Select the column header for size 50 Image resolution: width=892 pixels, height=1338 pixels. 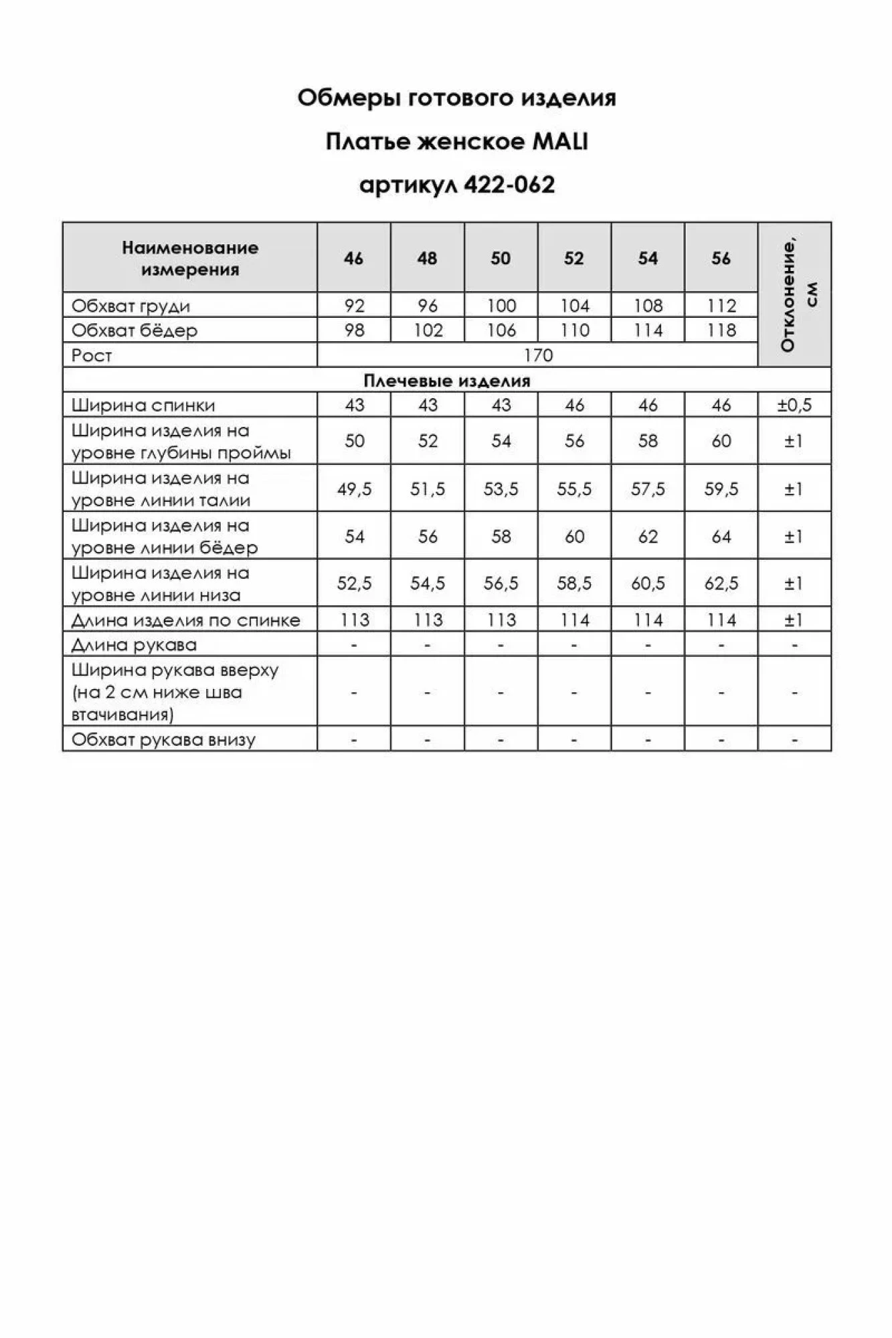[x=501, y=258]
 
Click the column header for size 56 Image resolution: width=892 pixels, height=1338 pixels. [x=721, y=258]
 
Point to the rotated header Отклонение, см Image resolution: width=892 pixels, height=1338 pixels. [x=795, y=294]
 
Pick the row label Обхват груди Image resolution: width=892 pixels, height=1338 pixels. [x=131, y=306]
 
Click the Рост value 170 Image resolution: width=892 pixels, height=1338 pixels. [x=538, y=355]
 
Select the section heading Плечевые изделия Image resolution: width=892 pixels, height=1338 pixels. [x=446, y=381]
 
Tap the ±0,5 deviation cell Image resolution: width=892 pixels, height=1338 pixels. [x=794, y=405]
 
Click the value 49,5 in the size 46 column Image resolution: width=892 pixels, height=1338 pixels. [x=354, y=489]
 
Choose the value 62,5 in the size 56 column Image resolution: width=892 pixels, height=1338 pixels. [x=721, y=583]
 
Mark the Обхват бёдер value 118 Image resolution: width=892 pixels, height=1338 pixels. [x=721, y=330]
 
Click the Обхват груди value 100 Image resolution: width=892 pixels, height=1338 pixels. [x=501, y=306]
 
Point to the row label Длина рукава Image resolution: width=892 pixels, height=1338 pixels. [x=134, y=645]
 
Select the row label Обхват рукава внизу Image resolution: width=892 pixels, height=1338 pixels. [x=163, y=739]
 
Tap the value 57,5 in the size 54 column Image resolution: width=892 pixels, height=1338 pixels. [x=648, y=489]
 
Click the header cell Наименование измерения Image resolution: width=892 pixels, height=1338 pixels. [x=190, y=258]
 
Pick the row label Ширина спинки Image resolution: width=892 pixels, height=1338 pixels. [x=143, y=405]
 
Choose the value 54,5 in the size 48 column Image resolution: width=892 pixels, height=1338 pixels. [x=428, y=583]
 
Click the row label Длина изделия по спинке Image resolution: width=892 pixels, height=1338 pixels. [x=186, y=620]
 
